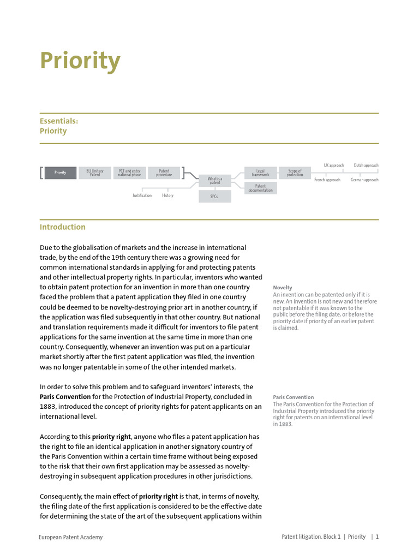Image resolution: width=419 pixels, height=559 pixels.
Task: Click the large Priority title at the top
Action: pyautogui.click(x=80, y=62)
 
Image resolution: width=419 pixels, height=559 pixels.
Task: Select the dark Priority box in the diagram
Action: pyautogui.click(x=60, y=173)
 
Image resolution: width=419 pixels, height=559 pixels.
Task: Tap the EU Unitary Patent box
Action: pyautogui.click(x=95, y=173)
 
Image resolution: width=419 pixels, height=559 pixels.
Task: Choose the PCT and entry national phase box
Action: pyautogui.click(x=129, y=173)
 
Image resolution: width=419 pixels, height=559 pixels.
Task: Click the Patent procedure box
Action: pyautogui.click(x=164, y=173)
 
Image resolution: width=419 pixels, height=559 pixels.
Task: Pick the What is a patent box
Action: pyautogui.click(x=215, y=180)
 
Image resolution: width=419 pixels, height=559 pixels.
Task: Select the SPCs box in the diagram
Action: pyautogui.click(x=215, y=196)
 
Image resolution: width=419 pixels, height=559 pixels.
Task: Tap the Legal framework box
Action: pyautogui.click(x=260, y=173)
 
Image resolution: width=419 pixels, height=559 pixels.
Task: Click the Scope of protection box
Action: pyautogui.click(x=295, y=173)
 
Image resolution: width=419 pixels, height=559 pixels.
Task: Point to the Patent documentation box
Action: pyautogui.click(x=260, y=188)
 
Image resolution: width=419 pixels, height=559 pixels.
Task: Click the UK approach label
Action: pyautogui.click(x=333, y=165)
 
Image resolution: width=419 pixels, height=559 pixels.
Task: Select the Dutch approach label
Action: pyautogui.click(x=366, y=165)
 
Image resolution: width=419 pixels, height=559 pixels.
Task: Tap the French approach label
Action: pyautogui.click(x=327, y=180)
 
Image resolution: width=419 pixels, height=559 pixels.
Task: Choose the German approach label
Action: pyautogui.click(x=364, y=180)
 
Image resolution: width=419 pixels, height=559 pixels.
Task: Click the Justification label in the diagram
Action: pyautogui.click(x=142, y=195)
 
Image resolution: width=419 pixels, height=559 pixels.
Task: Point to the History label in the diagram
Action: pyautogui.click(x=167, y=195)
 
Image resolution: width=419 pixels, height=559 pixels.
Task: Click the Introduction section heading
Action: pyautogui.click(x=62, y=227)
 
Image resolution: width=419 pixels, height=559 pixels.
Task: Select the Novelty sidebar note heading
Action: pyautogui.click(x=283, y=288)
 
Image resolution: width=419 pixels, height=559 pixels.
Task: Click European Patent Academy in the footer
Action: pyautogui.click(x=70, y=537)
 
